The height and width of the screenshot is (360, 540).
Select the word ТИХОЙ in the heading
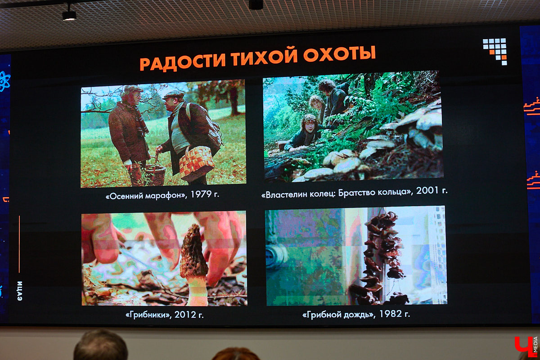point(265,57)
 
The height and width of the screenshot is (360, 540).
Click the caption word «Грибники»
point(147,315)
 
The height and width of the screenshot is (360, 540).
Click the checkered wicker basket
point(197,163)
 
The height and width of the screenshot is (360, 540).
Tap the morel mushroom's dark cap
point(193,252)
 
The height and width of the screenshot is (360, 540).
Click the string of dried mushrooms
point(381,256)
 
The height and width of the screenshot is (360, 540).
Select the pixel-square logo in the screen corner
point(495,50)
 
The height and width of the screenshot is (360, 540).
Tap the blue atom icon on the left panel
point(4,81)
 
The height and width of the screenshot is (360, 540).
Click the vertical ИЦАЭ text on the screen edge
point(20,291)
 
